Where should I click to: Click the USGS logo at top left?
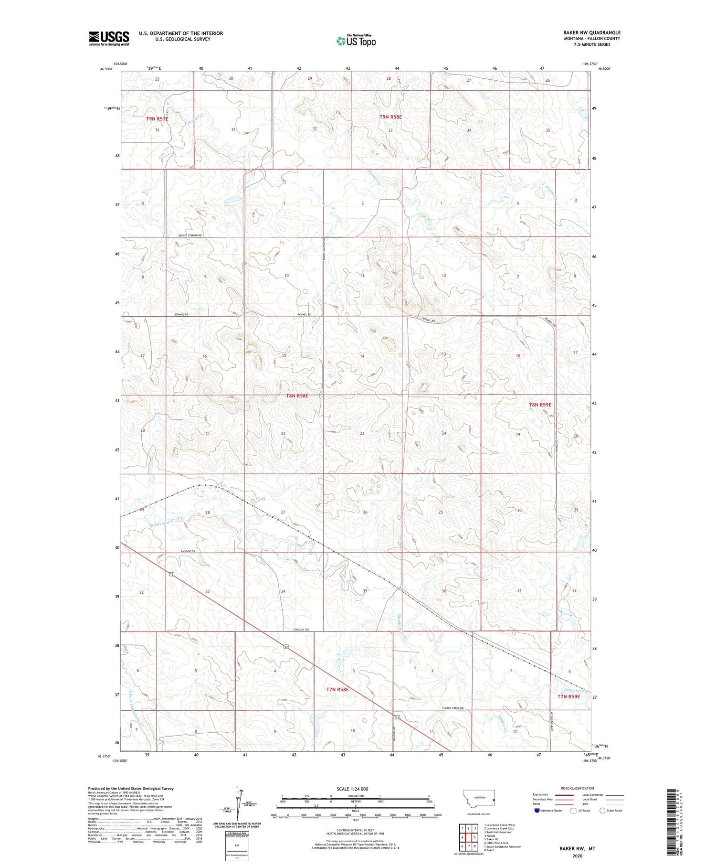pos(109,38)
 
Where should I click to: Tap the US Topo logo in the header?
pos(356,41)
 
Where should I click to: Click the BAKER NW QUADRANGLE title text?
pos(591,32)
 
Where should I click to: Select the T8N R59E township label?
pos(540,405)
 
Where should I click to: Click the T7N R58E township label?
pos(337,689)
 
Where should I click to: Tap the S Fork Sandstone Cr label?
pos(134,712)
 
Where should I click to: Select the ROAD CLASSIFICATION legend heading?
pos(578,788)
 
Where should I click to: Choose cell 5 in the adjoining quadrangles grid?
pos(475,837)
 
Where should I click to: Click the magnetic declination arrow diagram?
pos(237,802)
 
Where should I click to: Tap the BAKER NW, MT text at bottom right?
pos(577,849)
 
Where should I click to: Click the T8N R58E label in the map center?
pos(297,396)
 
